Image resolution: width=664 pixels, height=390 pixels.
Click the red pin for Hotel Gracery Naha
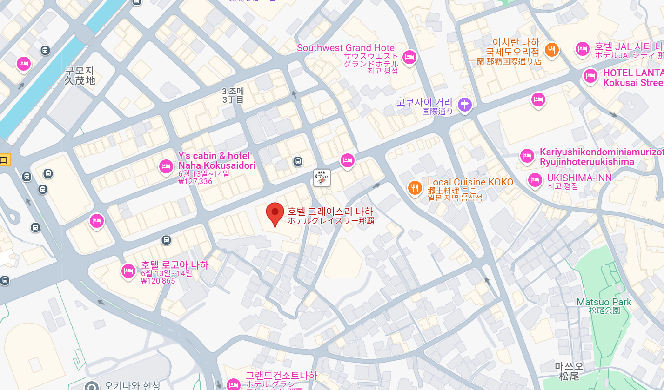[275, 213]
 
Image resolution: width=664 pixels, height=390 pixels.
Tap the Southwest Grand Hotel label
[347, 48]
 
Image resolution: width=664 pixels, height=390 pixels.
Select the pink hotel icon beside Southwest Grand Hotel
[409, 57]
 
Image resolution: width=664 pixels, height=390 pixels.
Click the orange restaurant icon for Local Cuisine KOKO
[415, 187]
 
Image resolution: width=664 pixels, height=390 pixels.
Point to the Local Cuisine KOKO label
[470, 182]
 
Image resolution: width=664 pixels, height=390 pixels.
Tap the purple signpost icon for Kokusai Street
[464, 105]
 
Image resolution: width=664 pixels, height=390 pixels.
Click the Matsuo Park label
[604, 302]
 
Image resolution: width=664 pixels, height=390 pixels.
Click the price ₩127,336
[195, 181]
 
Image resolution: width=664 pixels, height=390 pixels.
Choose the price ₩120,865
[158, 281]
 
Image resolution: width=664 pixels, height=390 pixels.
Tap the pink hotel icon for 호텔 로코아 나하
[128, 271]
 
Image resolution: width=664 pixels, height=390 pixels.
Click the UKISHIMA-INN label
[579, 178]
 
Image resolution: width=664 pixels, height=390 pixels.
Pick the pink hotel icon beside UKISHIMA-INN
[535, 179]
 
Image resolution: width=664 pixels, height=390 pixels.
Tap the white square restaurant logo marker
[322, 177]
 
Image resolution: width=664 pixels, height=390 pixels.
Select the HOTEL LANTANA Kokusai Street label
[633, 78]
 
